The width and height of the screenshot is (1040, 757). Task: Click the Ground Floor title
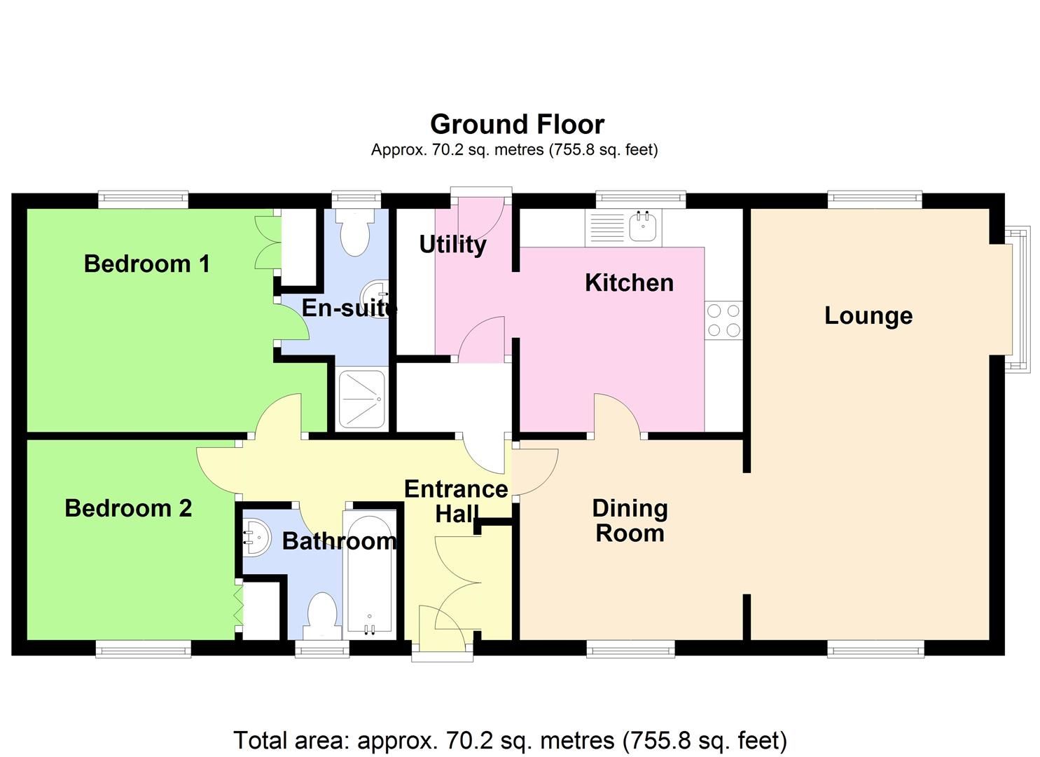517,124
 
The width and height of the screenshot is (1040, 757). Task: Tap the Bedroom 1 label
146,264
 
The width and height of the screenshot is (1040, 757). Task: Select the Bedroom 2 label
128,508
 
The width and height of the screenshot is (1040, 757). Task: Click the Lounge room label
868,315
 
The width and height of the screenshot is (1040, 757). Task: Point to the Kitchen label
629,282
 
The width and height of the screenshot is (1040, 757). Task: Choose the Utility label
452,245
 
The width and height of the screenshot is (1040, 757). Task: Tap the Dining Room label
630,520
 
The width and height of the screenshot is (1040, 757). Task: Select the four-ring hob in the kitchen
723,320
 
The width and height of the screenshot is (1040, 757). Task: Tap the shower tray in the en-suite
361,400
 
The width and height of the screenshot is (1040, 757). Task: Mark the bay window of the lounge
1020,299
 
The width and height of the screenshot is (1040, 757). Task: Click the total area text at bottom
510,740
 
